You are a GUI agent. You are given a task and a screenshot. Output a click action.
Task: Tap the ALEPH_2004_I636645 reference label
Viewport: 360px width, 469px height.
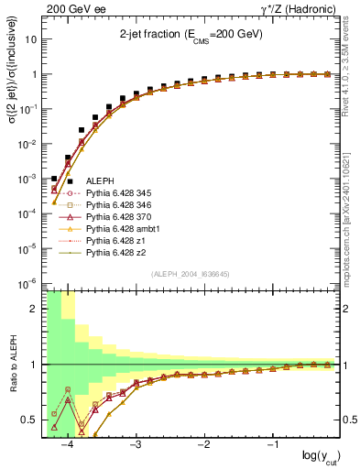[190, 273]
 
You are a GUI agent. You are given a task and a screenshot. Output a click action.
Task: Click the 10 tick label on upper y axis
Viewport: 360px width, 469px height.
[32, 40]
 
